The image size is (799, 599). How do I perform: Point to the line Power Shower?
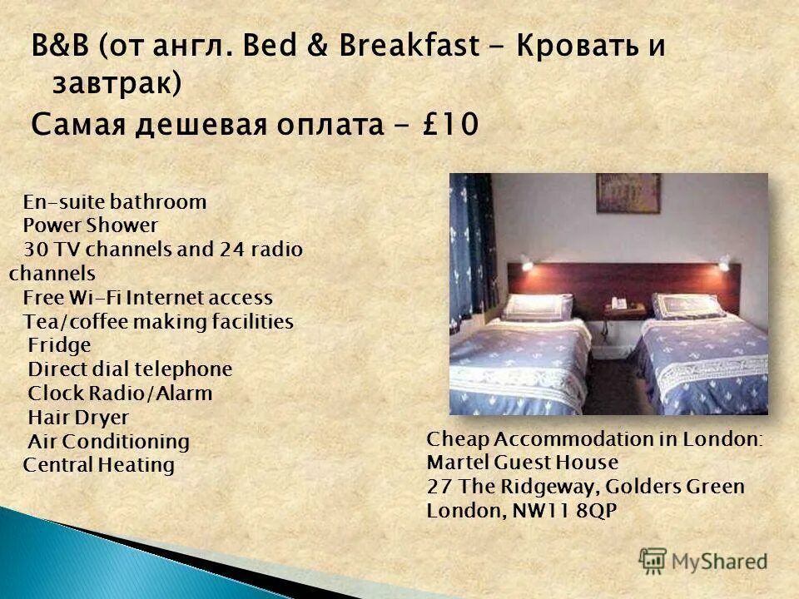pyautogui.click(x=90, y=225)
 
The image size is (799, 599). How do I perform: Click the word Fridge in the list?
pyautogui.click(x=59, y=345)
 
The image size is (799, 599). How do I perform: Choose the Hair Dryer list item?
pyautogui.click(x=78, y=417)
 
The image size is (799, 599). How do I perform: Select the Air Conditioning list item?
pyautogui.click(x=108, y=441)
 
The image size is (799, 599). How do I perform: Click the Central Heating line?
pyautogui.click(x=98, y=465)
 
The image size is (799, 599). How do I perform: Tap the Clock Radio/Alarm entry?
pyautogui.click(x=120, y=393)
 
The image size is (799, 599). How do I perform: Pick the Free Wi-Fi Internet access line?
pyautogui.click(x=147, y=297)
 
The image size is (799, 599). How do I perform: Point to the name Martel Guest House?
pyautogui.click(x=522, y=462)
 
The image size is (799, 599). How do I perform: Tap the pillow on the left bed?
pyautogui.click(x=539, y=306)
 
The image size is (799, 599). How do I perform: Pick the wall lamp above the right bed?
pyautogui.click(x=723, y=265)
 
